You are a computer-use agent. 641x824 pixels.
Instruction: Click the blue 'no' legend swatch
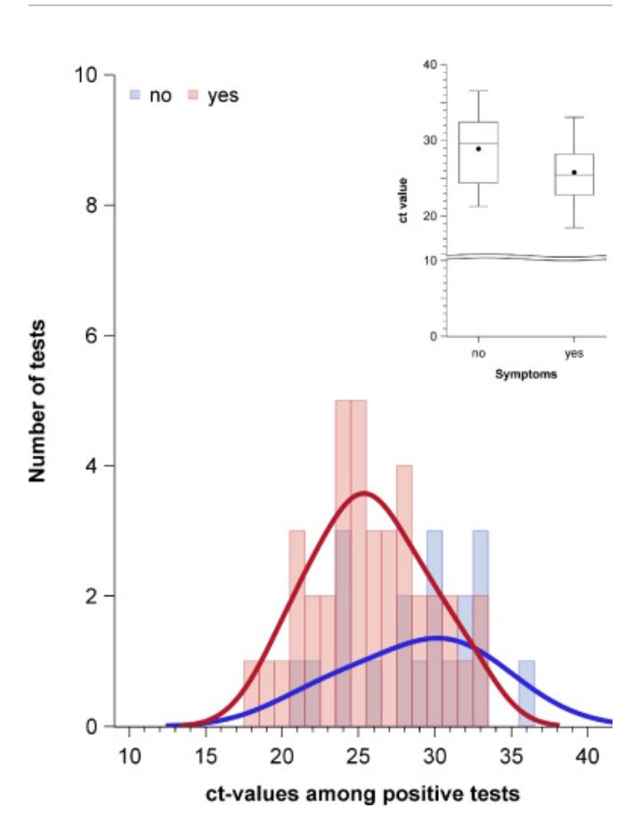point(135,93)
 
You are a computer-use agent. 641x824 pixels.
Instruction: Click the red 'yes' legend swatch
point(191,93)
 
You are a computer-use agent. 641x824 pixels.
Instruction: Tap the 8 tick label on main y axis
point(93,206)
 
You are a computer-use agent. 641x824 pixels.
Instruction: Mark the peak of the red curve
point(362,492)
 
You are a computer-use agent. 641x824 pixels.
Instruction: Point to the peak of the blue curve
point(436,637)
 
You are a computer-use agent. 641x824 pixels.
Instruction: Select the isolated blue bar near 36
point(526,693)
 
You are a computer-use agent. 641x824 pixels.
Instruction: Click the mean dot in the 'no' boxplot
point(478,149)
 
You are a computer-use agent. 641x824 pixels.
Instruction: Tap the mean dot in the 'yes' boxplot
point(574,172)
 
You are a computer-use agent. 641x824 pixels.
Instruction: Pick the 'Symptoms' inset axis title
point(526,375)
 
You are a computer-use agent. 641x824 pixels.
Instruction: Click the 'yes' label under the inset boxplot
point(574,354)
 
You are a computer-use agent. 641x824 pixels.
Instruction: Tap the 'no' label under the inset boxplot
point(478,354)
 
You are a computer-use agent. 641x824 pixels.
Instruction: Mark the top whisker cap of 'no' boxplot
point(478,91)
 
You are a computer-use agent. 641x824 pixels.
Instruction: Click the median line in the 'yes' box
point(574,174)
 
